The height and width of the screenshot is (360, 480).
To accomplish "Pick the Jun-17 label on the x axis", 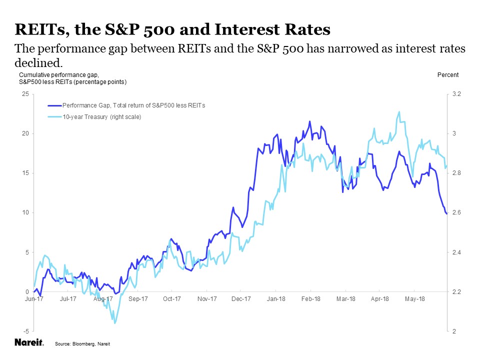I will click(34, 299).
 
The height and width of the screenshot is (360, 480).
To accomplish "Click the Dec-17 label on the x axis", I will click(241, 299).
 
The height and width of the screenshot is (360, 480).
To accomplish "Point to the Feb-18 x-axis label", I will click(311, 299).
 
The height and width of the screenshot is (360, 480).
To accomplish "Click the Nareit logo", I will click(29, 343).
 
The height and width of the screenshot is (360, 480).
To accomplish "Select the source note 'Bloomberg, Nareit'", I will click(82, 344).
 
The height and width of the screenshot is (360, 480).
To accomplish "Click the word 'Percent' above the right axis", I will click(447, 75).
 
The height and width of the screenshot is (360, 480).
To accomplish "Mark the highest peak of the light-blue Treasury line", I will click(399, 112).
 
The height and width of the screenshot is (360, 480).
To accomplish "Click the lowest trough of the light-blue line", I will click(115, 323).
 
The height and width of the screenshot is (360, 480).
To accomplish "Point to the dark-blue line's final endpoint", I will click(446, 214).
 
